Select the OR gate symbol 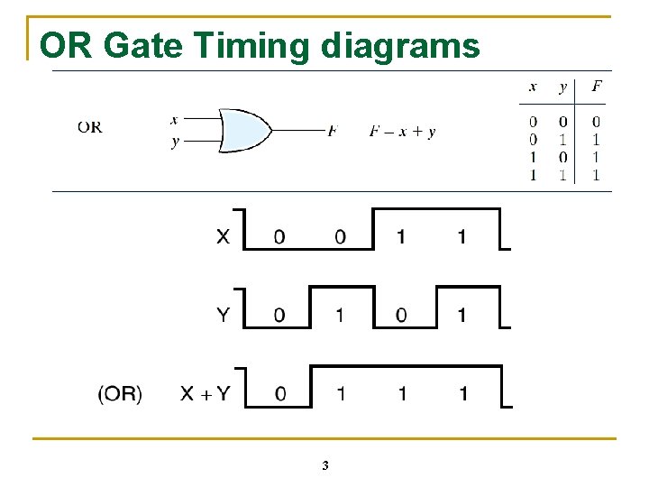click(x=243, y=132)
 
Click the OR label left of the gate click(x=89, y=126)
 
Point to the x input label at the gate click(x=173, y=119)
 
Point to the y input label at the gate click(x=174, y=142)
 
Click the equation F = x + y click(x=402, y=132)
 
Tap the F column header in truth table click(x=597, y=87)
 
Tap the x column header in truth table click(x=533, y=87)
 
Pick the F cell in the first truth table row click(x=596, y=122)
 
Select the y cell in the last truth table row click(x=563, y=175)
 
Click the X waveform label click(x=223, y=237)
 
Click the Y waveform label click(x=223, y=315)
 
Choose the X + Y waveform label click(x=205, y=393)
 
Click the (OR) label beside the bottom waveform click(x=120, y=394)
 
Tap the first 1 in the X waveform click(x=401, y=237)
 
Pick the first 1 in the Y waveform click(x=340, y=315)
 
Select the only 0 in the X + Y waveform click(x=280, y=394)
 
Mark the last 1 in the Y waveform click(x=462, y=315)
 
